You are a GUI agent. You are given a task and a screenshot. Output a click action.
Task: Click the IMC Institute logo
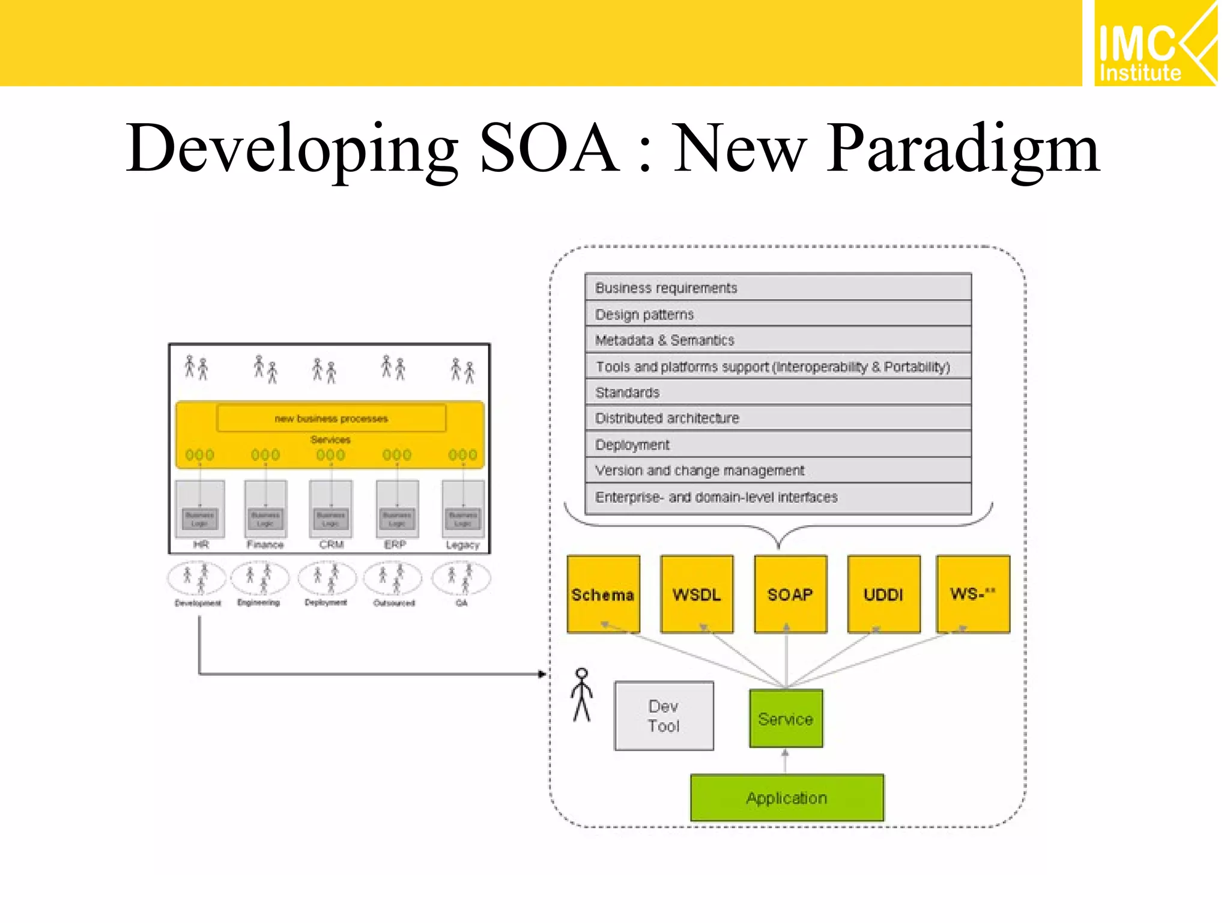point(1154,44)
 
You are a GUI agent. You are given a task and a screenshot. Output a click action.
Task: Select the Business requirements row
point(778,288)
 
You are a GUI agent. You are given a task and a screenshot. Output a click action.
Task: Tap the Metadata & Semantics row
point(778,340)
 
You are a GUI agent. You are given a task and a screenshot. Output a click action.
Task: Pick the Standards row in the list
point(778,392)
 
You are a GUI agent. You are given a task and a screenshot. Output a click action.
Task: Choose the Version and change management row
point(778,471)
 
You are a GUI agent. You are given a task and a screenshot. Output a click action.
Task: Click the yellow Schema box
point(603,594)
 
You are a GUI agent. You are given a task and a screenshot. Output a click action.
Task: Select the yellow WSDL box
point(697,594)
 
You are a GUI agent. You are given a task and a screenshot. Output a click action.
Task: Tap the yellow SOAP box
point(790,594)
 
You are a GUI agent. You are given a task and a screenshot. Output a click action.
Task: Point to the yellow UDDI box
point(883,594)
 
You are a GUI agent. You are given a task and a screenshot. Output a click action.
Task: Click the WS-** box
point(973,594)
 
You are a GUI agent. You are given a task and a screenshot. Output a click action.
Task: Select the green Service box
point(786,719)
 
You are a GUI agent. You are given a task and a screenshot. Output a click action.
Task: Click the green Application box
point(787,798)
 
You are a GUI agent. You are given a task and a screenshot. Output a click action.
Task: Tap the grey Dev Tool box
point(664,716)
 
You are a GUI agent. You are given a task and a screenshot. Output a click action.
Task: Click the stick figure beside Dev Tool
point(581,695)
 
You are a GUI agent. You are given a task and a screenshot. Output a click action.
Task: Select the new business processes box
point(331,418)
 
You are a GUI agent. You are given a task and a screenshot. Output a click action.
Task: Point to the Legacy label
point(462,545)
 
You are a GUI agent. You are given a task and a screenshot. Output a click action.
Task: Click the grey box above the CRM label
point(330,508)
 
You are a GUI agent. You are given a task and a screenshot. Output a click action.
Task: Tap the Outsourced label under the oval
point(394,603)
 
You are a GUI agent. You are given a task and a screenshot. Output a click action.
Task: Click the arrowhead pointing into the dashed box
point(542,674)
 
